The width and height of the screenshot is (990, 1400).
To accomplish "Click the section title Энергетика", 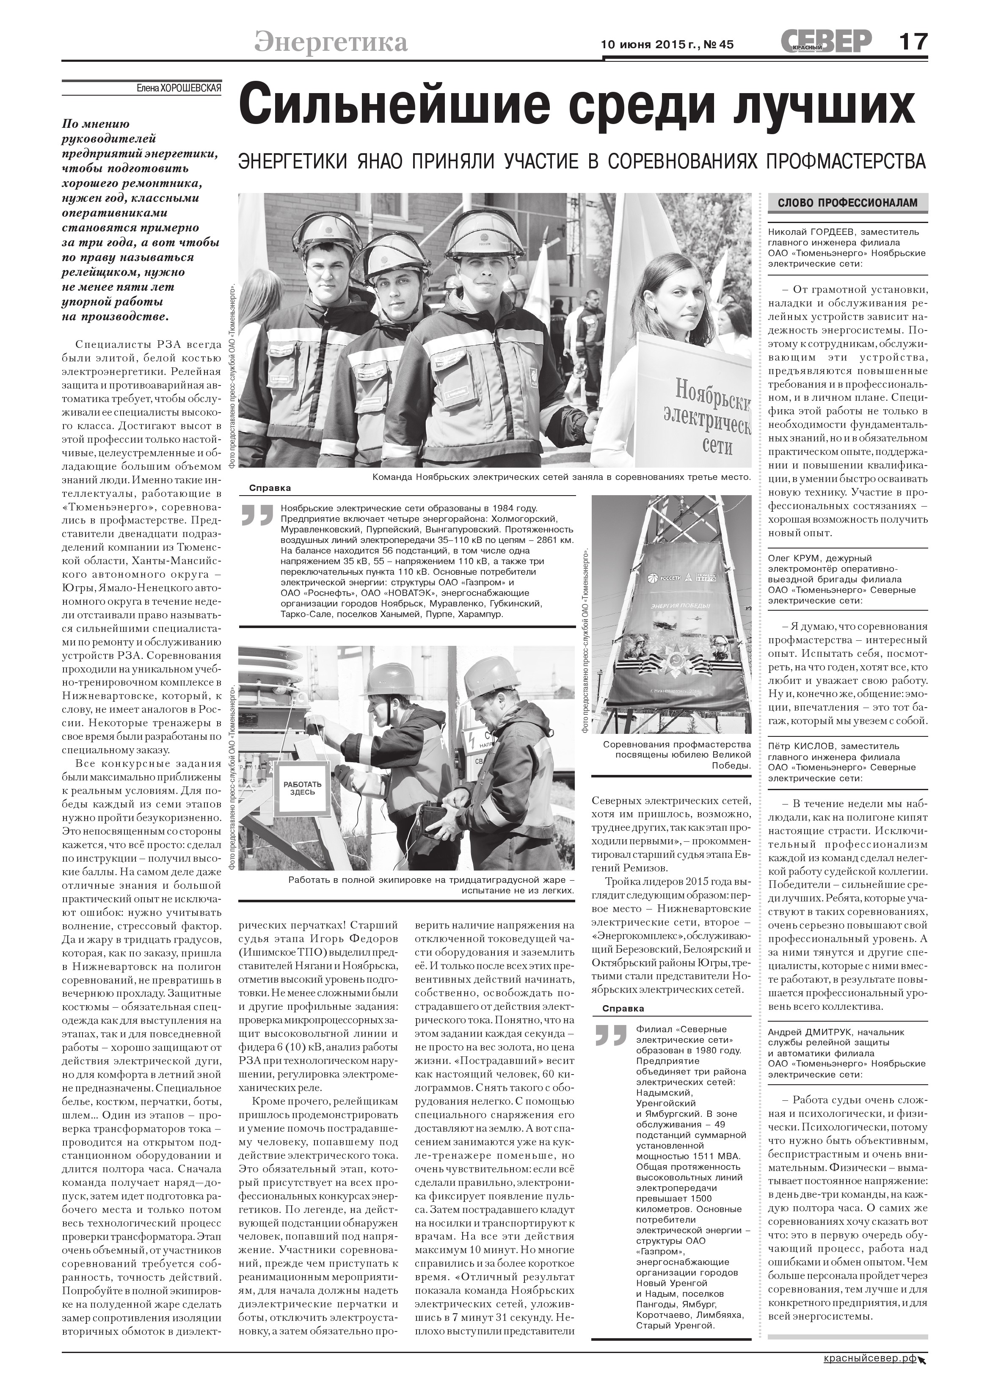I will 331,42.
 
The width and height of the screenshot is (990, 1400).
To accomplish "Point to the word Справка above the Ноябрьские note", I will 270,488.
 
